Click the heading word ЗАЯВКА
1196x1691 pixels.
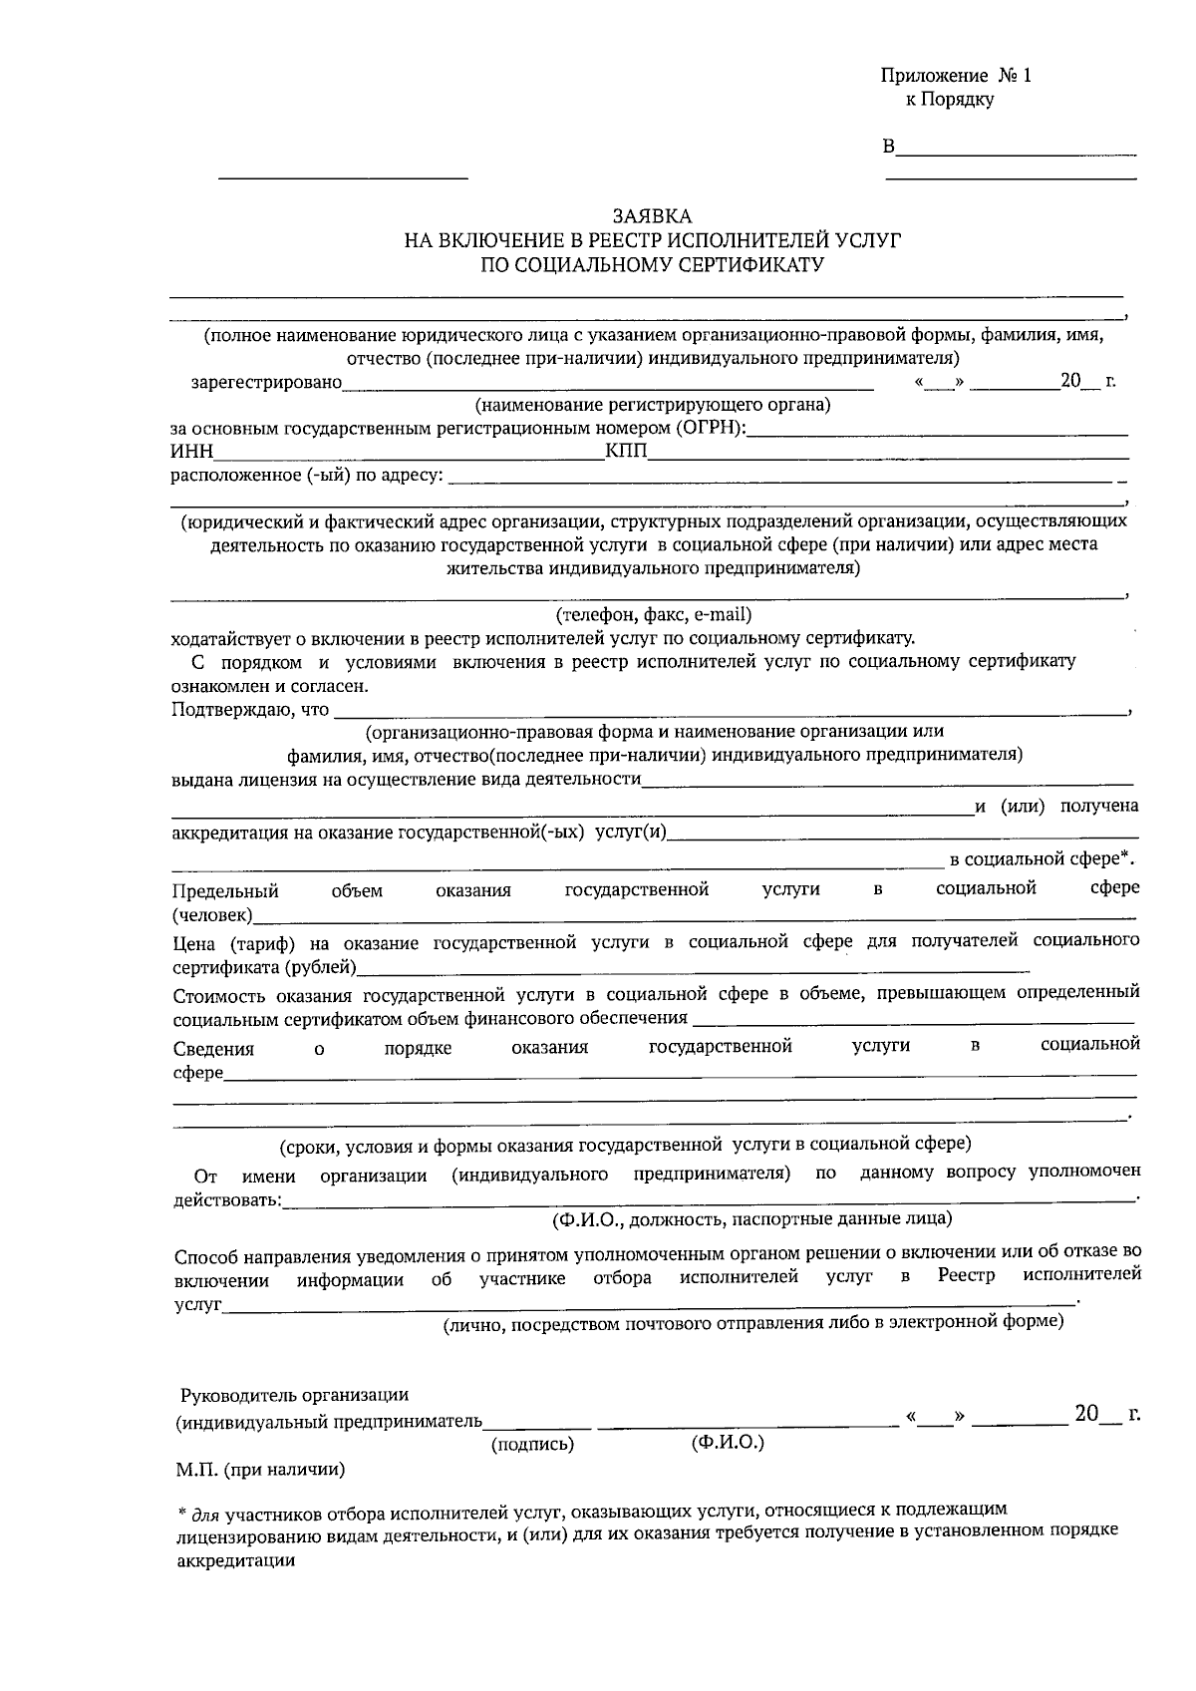pos(651,216)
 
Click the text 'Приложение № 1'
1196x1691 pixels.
pos(956,76)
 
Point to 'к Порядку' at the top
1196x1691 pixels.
pos(949,100)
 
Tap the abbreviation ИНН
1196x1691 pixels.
pos(192,453)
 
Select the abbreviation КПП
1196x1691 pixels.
pos(626,453)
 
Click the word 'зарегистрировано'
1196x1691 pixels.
pos(266,382)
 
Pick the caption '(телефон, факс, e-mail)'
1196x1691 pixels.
pos(653,614)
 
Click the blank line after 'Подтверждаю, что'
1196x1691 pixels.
pos(728,712)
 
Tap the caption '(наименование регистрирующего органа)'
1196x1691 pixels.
pos(653,405)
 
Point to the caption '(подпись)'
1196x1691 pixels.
pos(533,1443)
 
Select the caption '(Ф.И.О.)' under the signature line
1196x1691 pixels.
pos(727,1442)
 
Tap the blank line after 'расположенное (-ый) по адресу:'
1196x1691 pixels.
pos(782,481)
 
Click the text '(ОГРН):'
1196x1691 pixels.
pos(710,429)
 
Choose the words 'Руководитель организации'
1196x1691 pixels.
pos(293,1394)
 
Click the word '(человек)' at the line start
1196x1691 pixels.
pos(212,914)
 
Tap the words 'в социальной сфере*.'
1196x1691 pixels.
pos(1043,858)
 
